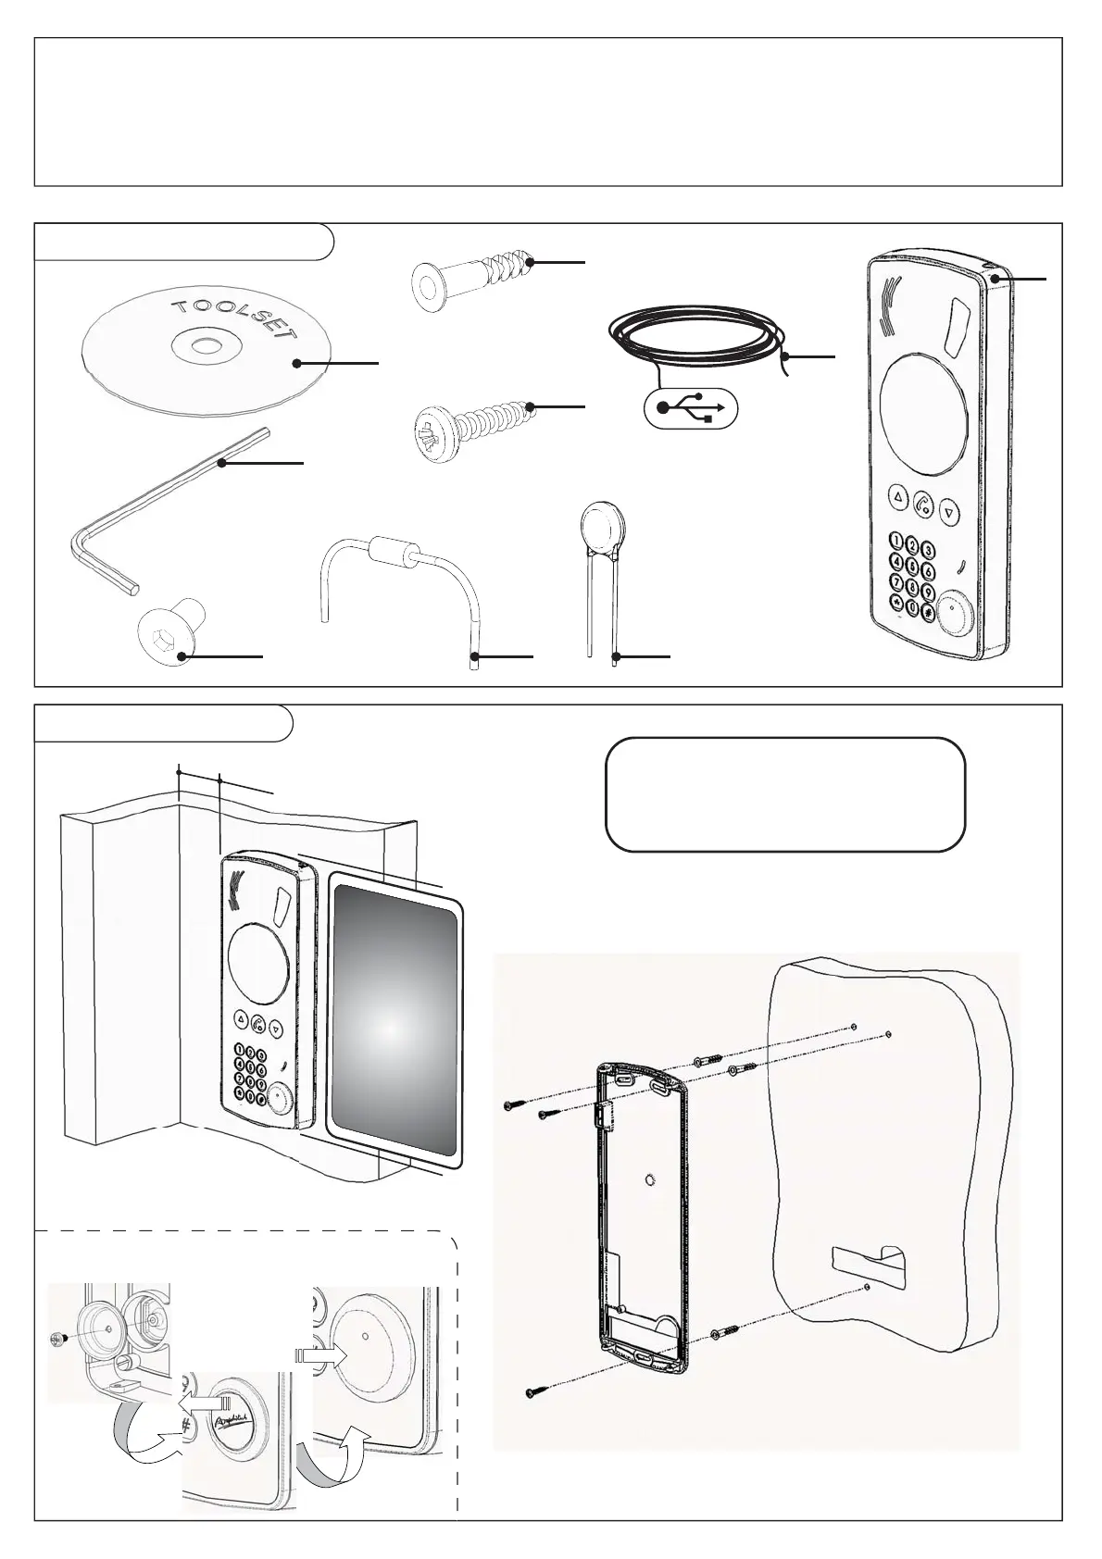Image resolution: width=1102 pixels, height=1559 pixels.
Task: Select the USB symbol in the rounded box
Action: [691, 408]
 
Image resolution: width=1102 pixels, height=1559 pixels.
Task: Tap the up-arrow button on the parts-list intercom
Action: [897, 498]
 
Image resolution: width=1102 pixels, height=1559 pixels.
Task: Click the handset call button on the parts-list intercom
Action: [923, 505]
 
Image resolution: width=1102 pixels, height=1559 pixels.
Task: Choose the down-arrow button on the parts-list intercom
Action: [948, 510]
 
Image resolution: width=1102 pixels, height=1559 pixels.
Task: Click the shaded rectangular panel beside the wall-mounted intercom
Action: [394, 1022]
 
